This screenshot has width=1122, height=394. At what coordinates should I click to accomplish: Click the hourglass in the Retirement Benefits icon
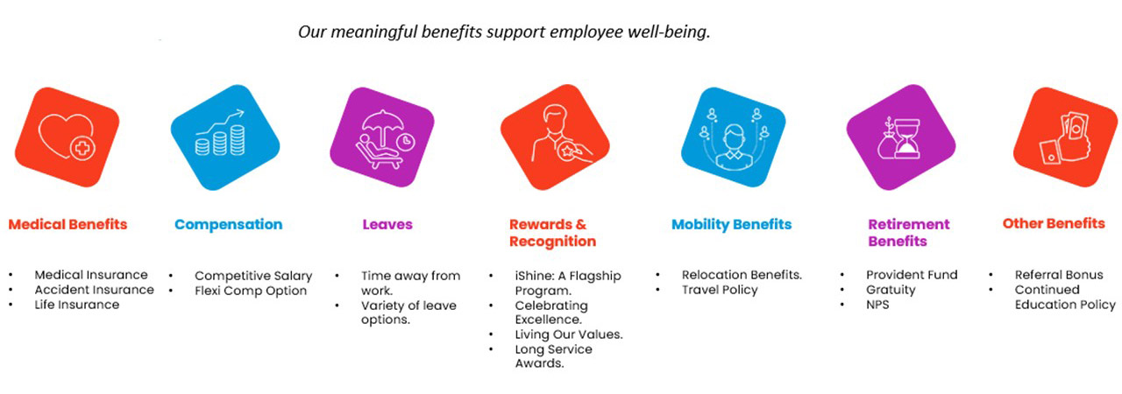pyautogui.click(x=907, y=138)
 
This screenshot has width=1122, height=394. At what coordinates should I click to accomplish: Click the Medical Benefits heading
pyautogui.click(x=67, y=224)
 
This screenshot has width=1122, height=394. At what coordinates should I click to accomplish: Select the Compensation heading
pyautogui.click(x=229, y=224)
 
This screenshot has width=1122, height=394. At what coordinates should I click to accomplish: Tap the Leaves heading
pyautogui.click(x=387, y=224)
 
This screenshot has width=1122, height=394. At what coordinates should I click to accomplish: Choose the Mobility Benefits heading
pyautogui.click(x=731, y=224)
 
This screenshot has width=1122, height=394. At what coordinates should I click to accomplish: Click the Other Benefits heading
pyautogui.click(x=1054, y=223)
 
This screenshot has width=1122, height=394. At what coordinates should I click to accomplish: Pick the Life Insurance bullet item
pyautogui.click(x=76, y=305)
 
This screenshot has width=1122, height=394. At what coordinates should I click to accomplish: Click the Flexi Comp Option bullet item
pyautogui.click(x=251, y=291)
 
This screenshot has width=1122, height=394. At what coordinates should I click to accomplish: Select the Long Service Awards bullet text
pyautogui.click(x=553, y=356)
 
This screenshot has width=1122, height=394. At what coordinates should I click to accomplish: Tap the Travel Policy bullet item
pyautogui.click(x=720, y=290)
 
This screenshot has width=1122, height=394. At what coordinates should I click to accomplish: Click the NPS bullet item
pyautogui.click(x=877, y=305)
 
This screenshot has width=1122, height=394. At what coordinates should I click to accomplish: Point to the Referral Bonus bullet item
pyautogui.click(x=1059, y=275)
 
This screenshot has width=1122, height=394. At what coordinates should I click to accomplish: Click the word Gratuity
pyautogui.click(x=891, y=290)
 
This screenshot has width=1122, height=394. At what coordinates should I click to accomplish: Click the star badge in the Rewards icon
pyautogui.click(x=567, y=151)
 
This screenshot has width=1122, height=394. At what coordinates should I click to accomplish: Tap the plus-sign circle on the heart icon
pyautogui.click(x=82, y=149)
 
